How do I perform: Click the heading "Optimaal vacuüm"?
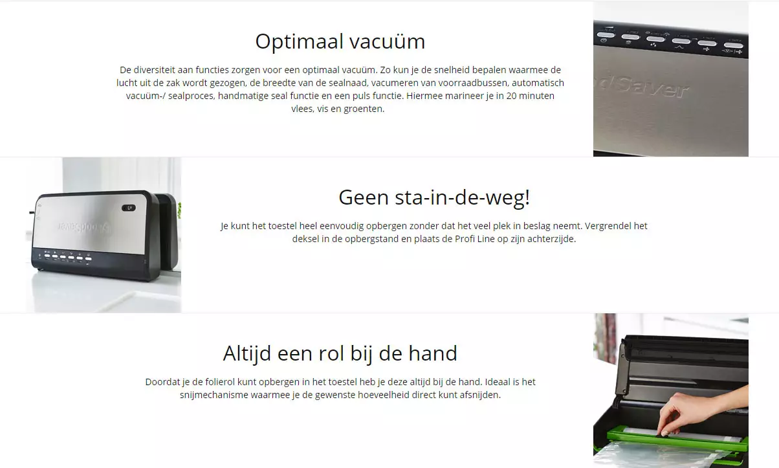point(340,41)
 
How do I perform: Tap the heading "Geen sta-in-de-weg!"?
point(434,197)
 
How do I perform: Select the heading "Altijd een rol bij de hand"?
point(340,353)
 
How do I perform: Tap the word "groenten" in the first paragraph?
point(364,109)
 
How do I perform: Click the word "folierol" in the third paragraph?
point(220,382)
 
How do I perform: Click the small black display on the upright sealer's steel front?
point(129,208)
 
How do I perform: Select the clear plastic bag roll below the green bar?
point(661,456)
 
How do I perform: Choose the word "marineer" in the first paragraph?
point(465,96)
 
